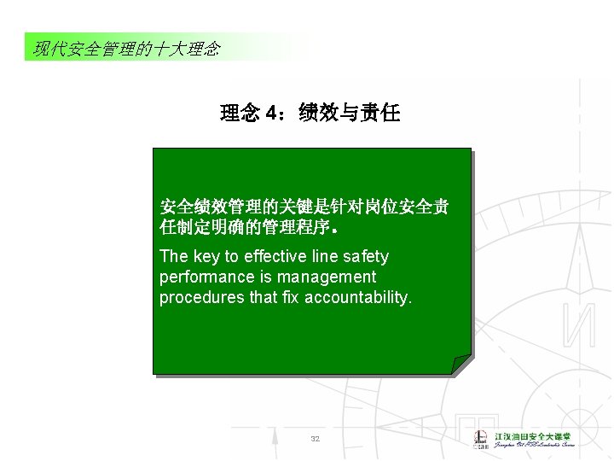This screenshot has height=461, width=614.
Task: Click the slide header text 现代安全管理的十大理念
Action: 126,49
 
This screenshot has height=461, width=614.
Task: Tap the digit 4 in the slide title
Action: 271,114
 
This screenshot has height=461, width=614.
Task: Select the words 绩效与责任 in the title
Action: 350,114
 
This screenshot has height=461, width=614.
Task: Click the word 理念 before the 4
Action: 240,114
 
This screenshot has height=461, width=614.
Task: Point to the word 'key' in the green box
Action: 206,257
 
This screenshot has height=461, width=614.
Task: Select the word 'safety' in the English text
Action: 366,257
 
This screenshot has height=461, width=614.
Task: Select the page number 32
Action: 315,439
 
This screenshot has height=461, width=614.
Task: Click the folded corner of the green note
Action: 461,365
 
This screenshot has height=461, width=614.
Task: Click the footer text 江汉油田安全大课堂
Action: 535,435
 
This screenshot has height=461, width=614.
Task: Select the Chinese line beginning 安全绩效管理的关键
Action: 305,207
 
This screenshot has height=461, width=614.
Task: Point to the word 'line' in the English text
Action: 327,257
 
